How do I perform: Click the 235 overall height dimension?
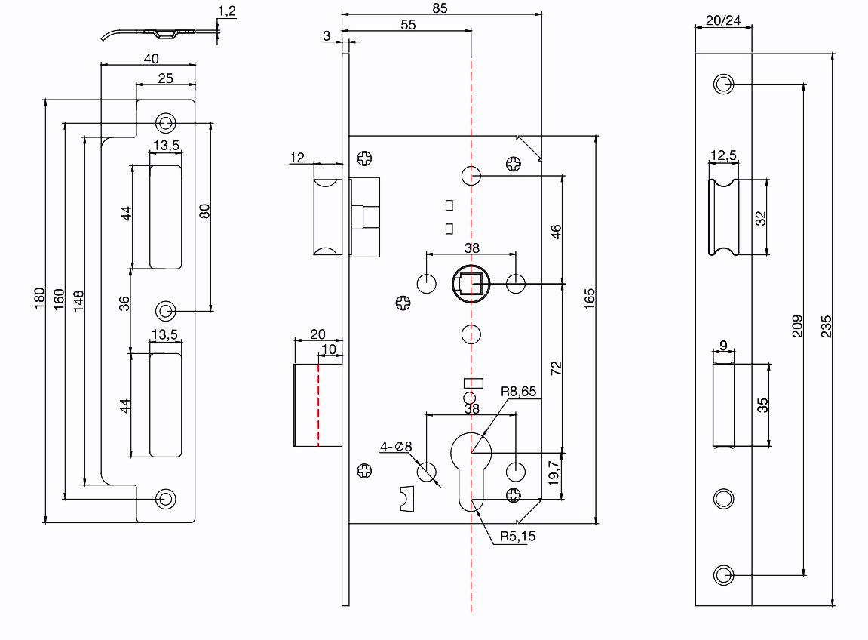(x=826, y=326)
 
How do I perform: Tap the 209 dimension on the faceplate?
(x=797, y=326)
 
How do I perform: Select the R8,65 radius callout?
(x=519, y=392)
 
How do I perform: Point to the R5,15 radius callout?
(x=517, y=537)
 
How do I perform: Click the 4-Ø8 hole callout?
(x=396, y=447)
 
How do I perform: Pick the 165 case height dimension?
(x=590, y=299)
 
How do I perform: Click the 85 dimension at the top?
(x=440, y=8)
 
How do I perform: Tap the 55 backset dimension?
(x=408, y=25)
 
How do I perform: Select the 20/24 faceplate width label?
(x=723, y=20)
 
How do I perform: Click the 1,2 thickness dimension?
(x=227, y=11)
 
